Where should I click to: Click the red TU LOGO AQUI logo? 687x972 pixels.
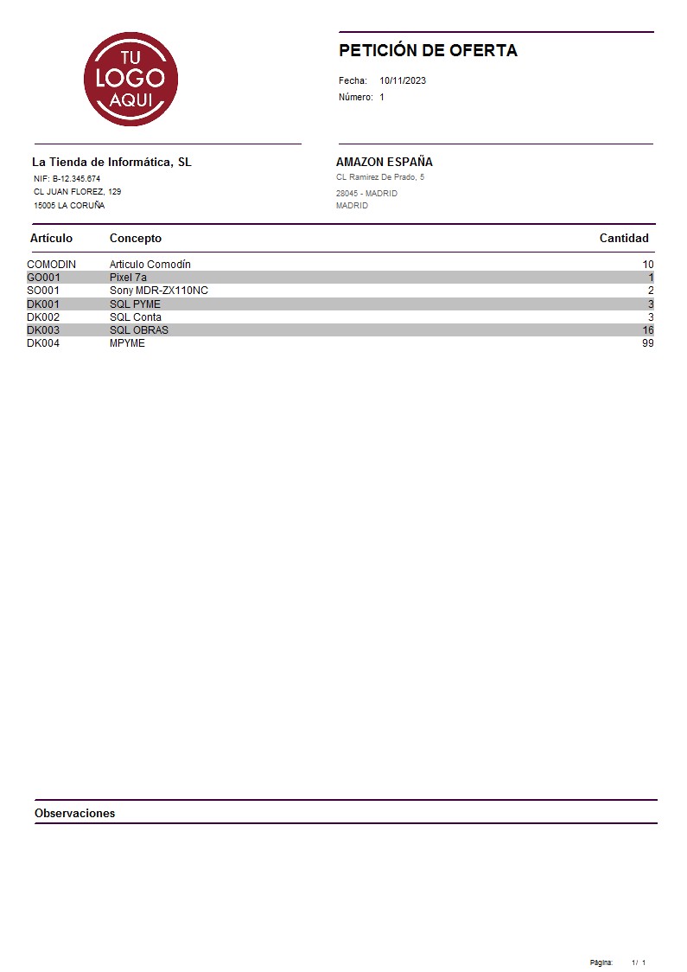(130, 79)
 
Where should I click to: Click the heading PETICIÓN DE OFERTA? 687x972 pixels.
(428, 50)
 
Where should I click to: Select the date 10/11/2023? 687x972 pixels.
(403, 80)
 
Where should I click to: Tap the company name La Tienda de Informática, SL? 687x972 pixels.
(111, 162)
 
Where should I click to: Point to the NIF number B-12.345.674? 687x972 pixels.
(76, 178)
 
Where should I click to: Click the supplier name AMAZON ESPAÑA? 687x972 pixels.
(384, 162)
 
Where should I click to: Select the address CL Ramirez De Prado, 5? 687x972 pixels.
(379, 177)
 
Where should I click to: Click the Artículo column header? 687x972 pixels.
(51, 238)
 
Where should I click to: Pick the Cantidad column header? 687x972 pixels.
(623, 238)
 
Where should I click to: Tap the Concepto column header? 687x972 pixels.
(135, 238)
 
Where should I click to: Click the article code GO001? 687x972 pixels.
(43, 278)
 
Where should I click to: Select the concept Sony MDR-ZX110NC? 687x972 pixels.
(158, 291)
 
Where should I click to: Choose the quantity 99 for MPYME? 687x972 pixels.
(647, 343)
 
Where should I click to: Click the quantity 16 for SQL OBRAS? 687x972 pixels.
(647, 330)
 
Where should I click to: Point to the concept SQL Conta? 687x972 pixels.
(135, 317)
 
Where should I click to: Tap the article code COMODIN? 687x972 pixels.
(51, 264)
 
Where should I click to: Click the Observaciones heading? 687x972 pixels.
(74, 813)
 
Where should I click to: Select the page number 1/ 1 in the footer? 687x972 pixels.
(638, 962)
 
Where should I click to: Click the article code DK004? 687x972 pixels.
(43, 343)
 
